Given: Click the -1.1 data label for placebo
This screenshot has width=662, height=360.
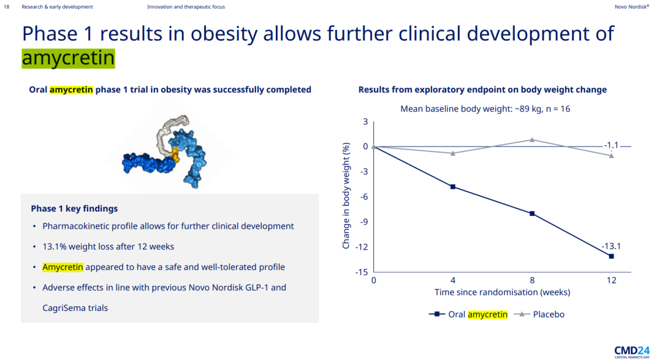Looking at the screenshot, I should click(x=611, y=145).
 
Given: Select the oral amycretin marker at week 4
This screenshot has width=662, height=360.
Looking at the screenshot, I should click(x=453, y=186).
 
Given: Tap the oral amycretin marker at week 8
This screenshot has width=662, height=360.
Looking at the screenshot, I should click(x=532, y=213).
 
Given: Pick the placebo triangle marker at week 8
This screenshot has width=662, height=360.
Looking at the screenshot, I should click(x=532, y=140).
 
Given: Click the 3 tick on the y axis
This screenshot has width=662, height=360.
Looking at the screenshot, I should click(x=365, y=121).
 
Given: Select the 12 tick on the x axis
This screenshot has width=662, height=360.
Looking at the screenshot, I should click(x=611, y=280).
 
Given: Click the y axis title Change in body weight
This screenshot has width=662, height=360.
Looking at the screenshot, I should click(x=346, y=196).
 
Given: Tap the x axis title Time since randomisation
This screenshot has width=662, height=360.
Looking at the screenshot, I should click(x=502, y=292).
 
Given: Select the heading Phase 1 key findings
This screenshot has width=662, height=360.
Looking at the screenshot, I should click(x=74, y=209).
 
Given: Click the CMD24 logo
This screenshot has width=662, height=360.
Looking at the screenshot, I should click(x=631, y=350).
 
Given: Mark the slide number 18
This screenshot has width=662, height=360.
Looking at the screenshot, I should click(x=7, y=7).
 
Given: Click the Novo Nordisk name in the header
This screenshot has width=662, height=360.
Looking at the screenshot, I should click(x=631, y=7).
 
